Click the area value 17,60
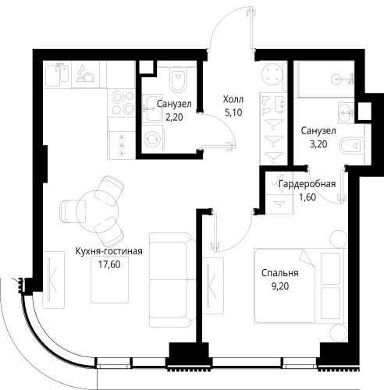[x=109, y=264]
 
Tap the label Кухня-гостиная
[x=109, y=251]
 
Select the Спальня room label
[x=280, y=273]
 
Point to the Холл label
[x=233, y=99]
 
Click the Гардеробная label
[x=307, y=184]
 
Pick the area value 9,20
[x=280, y=286]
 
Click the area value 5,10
[x=233, y=112]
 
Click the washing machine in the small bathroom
[x=152, y=140]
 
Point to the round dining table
[x=98, y=212]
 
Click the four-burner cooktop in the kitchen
[x=122, y=103]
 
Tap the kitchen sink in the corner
[x=57, y=74]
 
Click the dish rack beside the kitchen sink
[x=85, y=74]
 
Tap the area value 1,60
[x=308, y=197]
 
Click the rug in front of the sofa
[x=109, y=279]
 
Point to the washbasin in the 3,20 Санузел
[x=347, y=113]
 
